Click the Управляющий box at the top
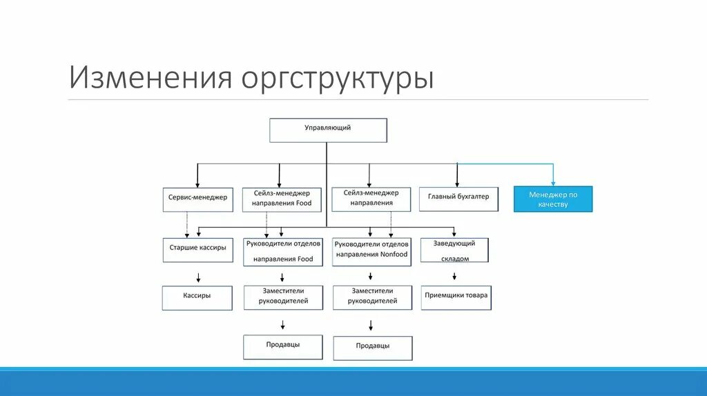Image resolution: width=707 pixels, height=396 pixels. [328, 130]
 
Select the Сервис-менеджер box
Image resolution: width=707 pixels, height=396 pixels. [197, 198]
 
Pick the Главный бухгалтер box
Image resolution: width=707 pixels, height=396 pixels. [458, 198]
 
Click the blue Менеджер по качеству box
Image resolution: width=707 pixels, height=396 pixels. [553, 199]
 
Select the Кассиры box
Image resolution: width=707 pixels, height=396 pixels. [197, 297]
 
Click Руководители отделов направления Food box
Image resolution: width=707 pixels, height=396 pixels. [282, 251]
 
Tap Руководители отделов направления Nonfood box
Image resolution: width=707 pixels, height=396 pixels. [372, 250]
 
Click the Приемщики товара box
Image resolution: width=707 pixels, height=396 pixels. [456, 297]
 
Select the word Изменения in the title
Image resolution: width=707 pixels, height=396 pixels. [149, 78]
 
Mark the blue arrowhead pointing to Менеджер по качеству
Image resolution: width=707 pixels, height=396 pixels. [554, 181]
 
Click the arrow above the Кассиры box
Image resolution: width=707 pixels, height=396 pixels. [198, 279]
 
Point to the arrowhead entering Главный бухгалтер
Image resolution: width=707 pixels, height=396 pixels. [456, 181]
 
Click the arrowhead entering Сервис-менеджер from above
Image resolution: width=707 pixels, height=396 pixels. [198, 183]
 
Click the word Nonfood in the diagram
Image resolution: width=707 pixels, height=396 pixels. [394, 255]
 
